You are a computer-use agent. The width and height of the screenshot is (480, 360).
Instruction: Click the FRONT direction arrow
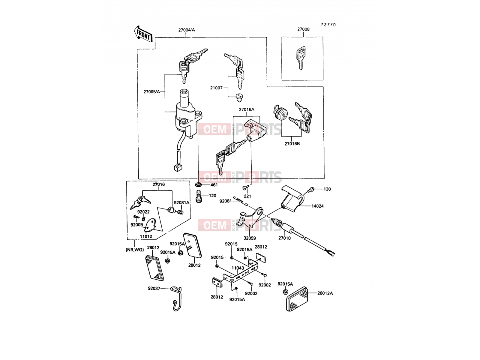143,34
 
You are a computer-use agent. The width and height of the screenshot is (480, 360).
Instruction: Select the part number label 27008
303,29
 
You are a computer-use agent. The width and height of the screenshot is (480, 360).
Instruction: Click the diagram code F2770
328,25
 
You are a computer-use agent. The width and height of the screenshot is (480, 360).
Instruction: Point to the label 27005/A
151,92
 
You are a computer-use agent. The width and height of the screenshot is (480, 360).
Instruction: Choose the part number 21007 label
216,88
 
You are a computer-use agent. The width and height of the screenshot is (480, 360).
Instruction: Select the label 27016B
292,144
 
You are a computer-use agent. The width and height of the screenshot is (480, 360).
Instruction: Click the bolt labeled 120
199,197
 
